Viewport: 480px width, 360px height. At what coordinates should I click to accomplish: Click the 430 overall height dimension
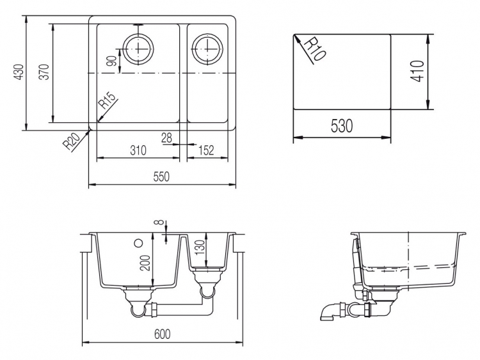point(19,72)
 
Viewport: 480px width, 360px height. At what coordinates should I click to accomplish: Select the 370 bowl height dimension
point(45,72)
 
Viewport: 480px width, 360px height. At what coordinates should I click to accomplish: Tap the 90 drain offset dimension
point(113,61)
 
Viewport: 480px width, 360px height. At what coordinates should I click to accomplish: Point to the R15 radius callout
point(108,100)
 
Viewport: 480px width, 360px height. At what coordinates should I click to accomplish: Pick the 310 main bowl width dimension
point(138,150)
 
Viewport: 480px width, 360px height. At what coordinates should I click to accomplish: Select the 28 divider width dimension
point(166,138)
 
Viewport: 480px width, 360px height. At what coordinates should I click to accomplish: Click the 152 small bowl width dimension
point(205,150)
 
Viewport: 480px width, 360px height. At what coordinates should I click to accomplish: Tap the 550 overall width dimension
point(161,176)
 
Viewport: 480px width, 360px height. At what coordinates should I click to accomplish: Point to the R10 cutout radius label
point(315,49)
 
